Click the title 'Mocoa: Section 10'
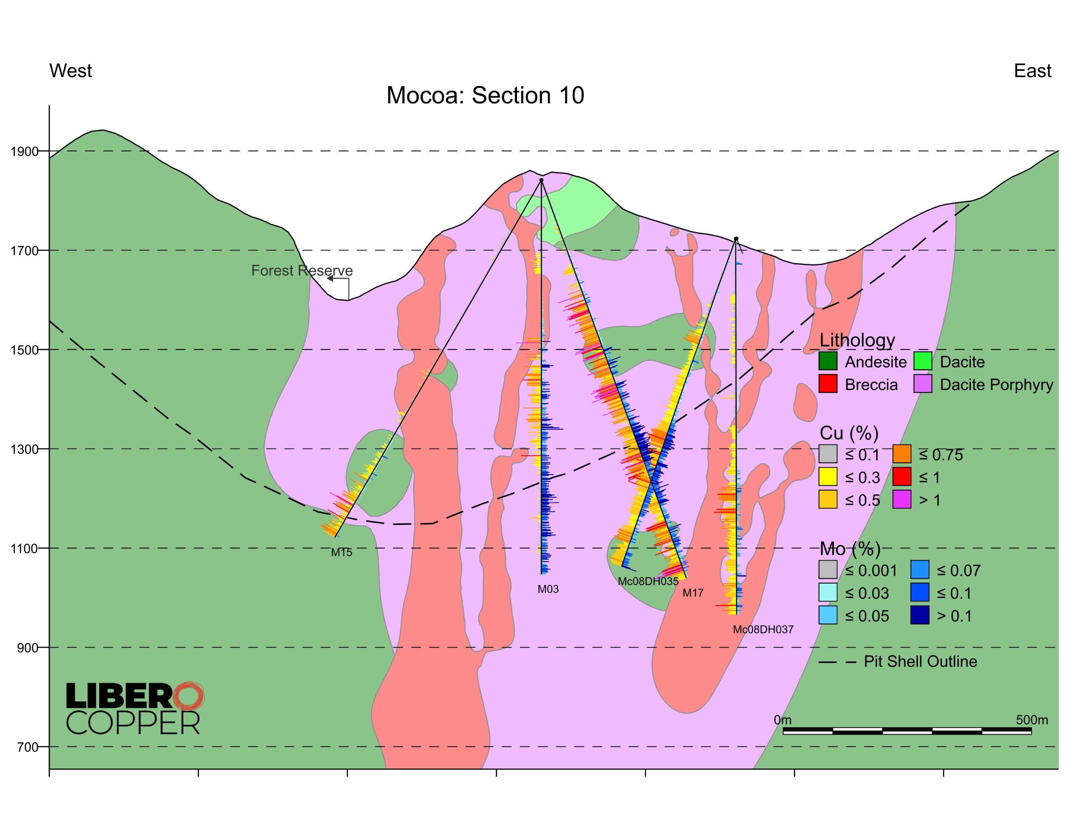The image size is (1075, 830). (x=485, y=95)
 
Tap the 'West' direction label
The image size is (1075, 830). (x=71, y=71)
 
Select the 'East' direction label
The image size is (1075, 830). (x=1032, y=71)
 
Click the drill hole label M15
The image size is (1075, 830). (x=341, y=553)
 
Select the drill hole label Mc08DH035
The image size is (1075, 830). (x=648, y=582)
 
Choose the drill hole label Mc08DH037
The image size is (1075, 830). (x=763, y=630)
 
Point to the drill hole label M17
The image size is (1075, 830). (x=692, y=593)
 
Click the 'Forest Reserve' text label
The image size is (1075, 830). (x=302, y=271)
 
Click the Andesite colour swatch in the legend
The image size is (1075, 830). (x=827, y=362)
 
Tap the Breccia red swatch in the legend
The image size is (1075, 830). (x=827, y=384)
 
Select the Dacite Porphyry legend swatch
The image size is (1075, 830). (x=923, y=384)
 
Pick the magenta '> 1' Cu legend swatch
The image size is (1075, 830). (x=901, y=500)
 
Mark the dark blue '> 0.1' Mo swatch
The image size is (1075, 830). (x=920, y=616)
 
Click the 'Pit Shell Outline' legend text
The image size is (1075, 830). (x=920, y=661)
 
